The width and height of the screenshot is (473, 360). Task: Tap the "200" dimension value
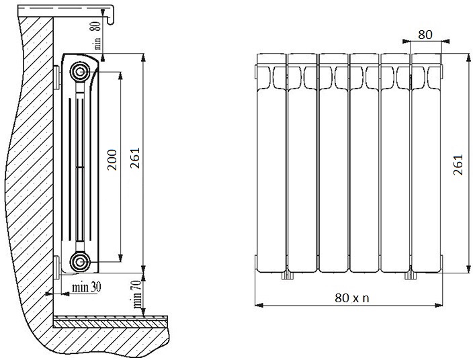click(112, 160)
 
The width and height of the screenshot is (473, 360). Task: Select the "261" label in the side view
click(135, 158)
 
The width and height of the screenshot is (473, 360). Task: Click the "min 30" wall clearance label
click(86, 287)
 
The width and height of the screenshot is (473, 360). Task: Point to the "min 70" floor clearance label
click(137, 294)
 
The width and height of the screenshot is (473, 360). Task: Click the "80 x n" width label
click(352, 298)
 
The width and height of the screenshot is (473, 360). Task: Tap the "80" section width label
click(425, 35)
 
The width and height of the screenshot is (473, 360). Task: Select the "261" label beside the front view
click(458, 165)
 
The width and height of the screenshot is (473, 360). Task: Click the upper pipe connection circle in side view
click(80, 72)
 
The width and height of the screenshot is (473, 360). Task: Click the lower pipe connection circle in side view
click(80, 262)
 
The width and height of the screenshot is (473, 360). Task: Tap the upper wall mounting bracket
click(57, 77)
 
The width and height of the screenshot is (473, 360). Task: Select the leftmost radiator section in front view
click(271, 163)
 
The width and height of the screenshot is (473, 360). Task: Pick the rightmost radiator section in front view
click(427, 163)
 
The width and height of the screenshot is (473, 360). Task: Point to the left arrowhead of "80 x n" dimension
click(259, 306)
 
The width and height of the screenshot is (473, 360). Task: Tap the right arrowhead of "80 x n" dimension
click(439, 306)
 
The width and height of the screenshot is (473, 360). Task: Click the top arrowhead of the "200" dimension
click(120, 76)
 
